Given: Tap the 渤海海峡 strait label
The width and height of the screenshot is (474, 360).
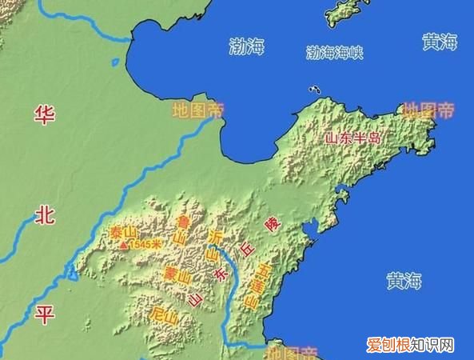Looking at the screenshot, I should pos(335,53).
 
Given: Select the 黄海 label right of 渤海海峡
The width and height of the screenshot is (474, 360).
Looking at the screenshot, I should pos(439,42).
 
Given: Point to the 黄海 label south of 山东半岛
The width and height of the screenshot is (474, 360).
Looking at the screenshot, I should pos(405,282).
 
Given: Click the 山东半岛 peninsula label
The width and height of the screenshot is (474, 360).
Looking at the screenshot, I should pos(353,138).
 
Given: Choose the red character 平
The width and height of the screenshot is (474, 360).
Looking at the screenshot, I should pos(43,313).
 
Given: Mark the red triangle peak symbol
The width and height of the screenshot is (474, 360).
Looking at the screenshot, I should pos(122,246).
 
